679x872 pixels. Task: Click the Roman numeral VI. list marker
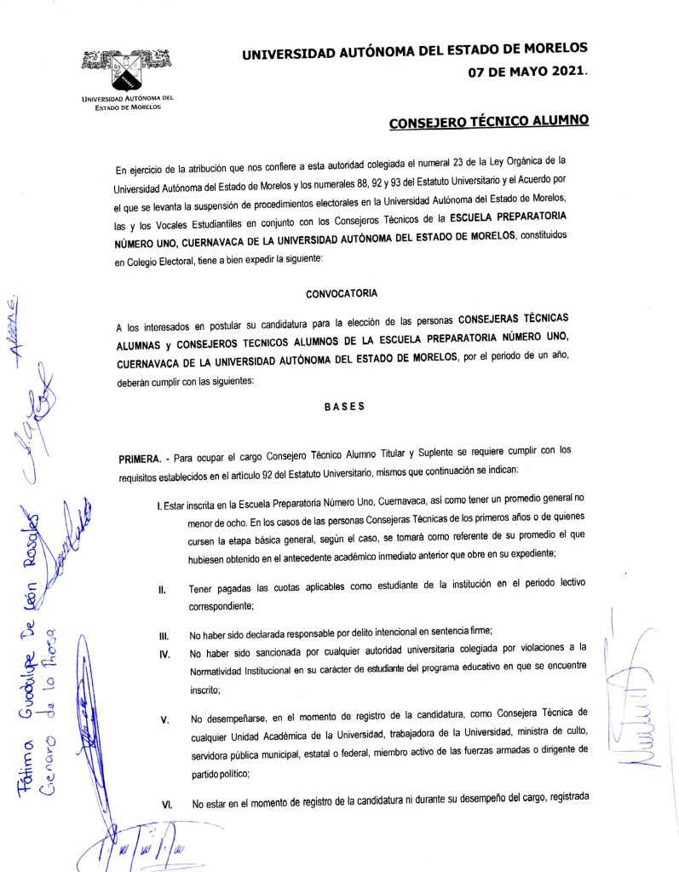coord(165,804)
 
